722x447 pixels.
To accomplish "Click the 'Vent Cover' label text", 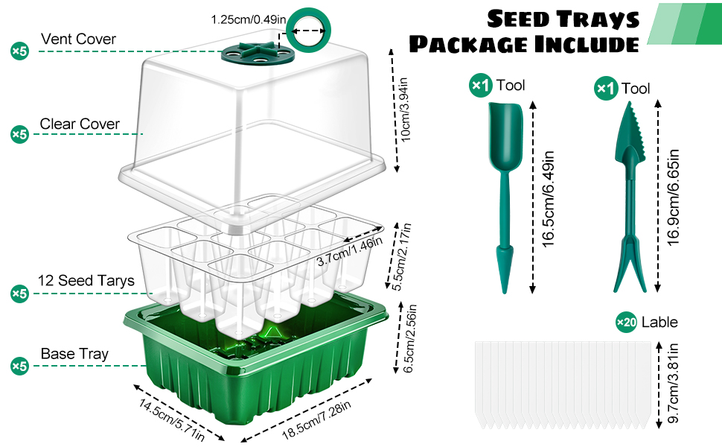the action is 78,39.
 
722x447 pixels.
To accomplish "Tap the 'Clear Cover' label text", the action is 80,124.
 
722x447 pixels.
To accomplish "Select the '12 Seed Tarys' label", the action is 86,281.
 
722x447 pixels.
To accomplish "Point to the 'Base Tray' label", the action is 74,354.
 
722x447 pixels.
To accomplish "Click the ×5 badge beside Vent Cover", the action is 19,51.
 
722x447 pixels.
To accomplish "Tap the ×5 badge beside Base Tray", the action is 19,366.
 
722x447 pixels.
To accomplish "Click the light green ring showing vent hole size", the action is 309,33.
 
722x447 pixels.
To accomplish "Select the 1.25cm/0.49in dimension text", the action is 246,19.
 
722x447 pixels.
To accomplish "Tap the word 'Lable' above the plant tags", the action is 659,322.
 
